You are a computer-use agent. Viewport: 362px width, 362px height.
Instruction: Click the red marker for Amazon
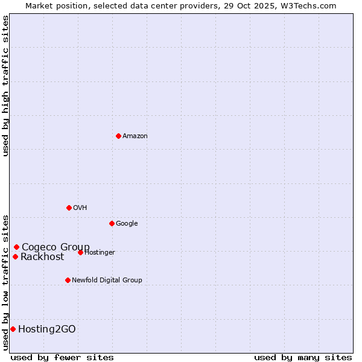(x=118, y=136)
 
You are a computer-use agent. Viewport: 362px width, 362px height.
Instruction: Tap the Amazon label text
(x=135, y=136)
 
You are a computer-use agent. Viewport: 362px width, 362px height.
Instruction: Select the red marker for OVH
(x=69, y=208)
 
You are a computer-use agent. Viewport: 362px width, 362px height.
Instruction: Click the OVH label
(x=80, y=208)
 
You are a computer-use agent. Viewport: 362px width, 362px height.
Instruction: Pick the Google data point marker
(x=112, y=223)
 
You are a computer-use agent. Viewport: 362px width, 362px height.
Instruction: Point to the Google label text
(x=127, y=224)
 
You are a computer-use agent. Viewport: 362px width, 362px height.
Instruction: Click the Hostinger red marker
(x=80, y=252)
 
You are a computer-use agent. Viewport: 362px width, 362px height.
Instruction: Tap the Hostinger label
(x=100, y=253)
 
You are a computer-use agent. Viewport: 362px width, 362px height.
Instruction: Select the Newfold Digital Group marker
(x=68, y=280)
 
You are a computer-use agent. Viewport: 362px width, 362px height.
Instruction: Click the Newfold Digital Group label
(x=107, y=281)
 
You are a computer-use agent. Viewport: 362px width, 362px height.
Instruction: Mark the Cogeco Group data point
(x=16, y=247)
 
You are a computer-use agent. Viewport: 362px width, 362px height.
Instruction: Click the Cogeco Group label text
(x=56, y=247)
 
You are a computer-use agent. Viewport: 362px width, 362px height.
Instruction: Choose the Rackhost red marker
(x=15, y=256)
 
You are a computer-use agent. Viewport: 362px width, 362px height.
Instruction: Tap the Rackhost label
(x=42, y=257)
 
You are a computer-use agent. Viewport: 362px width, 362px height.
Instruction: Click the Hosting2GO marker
(x=13, y=329)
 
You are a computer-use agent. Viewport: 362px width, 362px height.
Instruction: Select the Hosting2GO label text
(x=47, y=329)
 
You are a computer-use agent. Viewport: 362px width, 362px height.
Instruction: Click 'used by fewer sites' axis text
(x=62, y=357)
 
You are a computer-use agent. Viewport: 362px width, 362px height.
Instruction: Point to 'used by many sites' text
(x=303, y=357)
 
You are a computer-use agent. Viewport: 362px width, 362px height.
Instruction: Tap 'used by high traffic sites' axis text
(x=5, y=86)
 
